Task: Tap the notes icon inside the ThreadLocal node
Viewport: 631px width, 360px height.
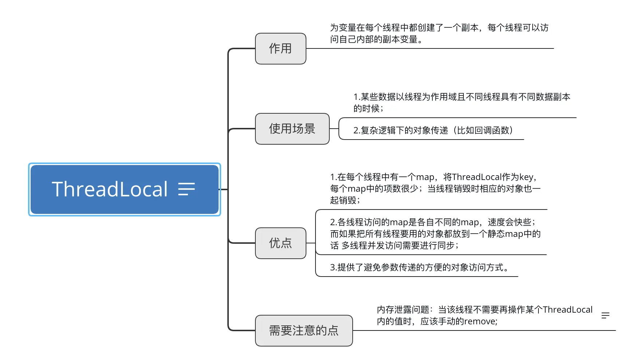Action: pos(187,189)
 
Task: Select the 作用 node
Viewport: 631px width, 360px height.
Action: pos(281,48)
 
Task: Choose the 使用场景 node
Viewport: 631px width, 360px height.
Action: pos(292,129)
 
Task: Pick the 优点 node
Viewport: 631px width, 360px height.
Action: pos(281,243)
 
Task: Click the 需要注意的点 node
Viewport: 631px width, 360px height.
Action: pos(304,330)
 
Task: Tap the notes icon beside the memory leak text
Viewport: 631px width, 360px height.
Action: pos(605,315)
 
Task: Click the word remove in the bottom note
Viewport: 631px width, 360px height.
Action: pos(479,321)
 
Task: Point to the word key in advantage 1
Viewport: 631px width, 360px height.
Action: pos(526,177)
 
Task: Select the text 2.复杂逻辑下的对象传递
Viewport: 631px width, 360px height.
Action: pos(400,130)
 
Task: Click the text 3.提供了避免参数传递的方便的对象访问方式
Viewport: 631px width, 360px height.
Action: pos(419,267)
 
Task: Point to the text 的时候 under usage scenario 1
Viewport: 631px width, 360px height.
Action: pos(367,109)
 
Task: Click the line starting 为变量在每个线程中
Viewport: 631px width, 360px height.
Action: pos(439,28)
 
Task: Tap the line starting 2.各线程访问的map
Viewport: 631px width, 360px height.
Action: pos(432,222)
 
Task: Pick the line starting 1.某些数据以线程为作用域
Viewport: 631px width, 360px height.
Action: pos(462,97)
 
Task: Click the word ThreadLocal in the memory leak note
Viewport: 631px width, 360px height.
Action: pos(568,310)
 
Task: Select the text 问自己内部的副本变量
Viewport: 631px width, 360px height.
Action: pos(375,39)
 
